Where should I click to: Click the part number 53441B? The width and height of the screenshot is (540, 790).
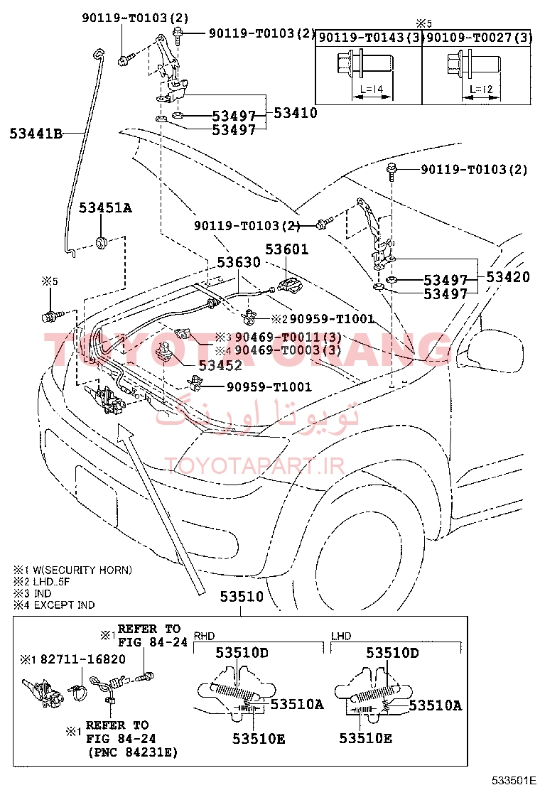(x=36, y=134)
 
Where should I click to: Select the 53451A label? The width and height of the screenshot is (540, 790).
(x=105, y=207)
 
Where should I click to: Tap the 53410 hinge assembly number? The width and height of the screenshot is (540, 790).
(x=296, y=113)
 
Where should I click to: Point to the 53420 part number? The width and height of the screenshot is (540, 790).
(x=508, y=276)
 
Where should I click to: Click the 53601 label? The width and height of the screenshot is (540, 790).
(x=286, y=249)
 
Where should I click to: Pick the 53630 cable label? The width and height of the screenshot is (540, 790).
(x=239, y=262)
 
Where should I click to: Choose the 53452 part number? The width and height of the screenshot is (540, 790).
(x=220, y=364)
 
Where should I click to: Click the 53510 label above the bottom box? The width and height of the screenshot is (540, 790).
(x=242, y=597)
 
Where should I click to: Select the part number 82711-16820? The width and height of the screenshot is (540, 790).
(x=83, y=659)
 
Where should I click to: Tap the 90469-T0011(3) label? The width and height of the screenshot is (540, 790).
(x=288, y=337)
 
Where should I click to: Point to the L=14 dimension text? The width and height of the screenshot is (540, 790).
(x=372, y=90)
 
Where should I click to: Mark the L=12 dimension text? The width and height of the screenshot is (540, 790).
(x=481, y=90)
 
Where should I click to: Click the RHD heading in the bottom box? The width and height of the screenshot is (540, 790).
(x=204, y=636)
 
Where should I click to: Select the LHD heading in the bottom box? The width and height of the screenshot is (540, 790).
(x=341, y=636)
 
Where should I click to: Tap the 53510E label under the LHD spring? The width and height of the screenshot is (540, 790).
(x=365, y=738)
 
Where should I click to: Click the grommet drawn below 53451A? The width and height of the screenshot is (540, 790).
(x=103, y=242)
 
